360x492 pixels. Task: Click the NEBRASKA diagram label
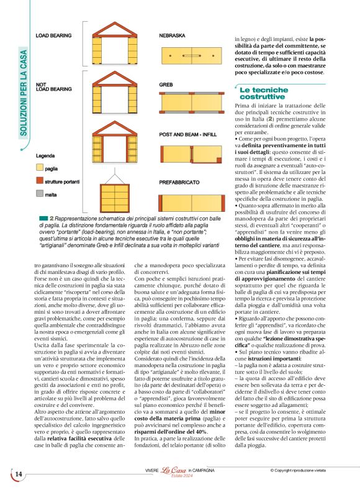click(173, 36)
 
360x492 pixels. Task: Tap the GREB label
click(166, 84)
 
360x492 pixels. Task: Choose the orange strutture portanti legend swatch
click(40, 181)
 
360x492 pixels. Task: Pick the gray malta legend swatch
click(40, 194)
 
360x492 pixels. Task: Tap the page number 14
click(19, 475)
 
